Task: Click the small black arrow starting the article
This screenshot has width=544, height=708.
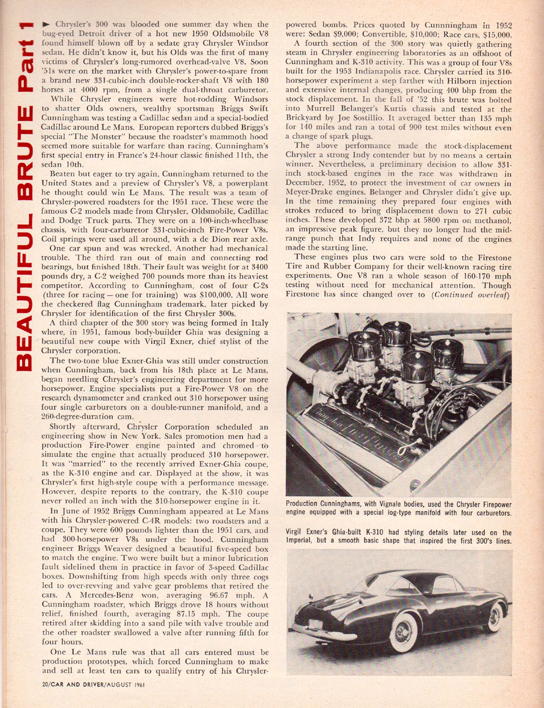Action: coord(46,24)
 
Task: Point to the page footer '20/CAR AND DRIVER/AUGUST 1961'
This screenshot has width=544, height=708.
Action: coord(93,685)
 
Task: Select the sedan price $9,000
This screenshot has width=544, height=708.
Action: coord(332,34)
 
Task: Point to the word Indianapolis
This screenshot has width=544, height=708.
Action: coord(383,72)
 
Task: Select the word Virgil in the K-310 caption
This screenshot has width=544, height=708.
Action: coord(296,532)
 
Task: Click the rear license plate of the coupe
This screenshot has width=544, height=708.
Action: coord(316,625)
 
